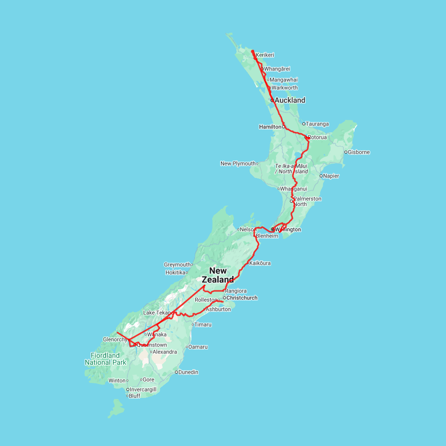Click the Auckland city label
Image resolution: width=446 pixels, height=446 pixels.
click(x=290, y=100)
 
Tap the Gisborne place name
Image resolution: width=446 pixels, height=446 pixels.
click(x=359, y=152)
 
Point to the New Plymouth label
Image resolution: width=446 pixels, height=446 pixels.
click(x=238, y=164)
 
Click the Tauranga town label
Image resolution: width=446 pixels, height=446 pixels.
click(x=317, y=124)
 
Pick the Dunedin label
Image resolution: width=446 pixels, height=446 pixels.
click(x=188, y=372)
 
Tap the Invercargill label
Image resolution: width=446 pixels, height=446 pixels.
click(x=143, y=390)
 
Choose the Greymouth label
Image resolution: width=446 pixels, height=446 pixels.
click(x=177, y=265)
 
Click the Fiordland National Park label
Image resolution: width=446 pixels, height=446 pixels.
click(x=105, y=359)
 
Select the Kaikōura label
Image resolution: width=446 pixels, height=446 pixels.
click(x=260, y=263)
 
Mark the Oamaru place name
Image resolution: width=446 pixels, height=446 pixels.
click(x=198, y=347)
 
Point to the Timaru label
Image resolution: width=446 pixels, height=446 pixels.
click(x=203, y=325)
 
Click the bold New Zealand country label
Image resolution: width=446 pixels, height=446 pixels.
click(x=218, y=275)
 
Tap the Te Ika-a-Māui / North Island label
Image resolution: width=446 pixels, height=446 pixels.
click(x=291, y=168)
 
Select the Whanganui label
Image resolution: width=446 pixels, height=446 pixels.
click(x=293, y=189)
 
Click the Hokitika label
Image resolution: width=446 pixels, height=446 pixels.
click(x=175, y=273)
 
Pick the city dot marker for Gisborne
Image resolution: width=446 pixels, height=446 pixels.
click(x=345, y=152)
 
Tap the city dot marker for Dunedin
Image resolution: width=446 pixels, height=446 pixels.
click(x=176, y=372)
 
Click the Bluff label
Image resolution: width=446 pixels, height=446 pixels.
click(x=134, y=396)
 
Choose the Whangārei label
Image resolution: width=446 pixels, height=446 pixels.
click(x=277, y=69)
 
